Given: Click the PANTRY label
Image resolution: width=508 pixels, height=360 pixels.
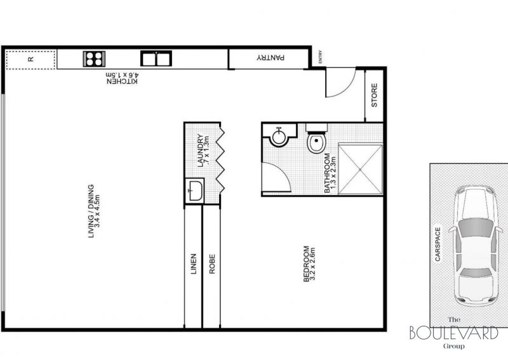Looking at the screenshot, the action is [271, 58].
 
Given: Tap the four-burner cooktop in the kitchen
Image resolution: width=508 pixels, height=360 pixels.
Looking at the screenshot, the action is [94, 59].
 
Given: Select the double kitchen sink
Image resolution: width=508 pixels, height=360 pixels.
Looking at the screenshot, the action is [156, 58].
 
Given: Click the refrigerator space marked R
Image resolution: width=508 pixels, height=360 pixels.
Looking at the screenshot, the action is [30, 60].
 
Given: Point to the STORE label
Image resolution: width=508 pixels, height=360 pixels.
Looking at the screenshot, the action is [374, 95].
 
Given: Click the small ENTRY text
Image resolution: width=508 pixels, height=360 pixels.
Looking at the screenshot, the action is [321, 57].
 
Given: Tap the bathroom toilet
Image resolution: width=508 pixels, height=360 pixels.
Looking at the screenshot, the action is [316, 138].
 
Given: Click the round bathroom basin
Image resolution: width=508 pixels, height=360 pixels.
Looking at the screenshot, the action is [279, 137].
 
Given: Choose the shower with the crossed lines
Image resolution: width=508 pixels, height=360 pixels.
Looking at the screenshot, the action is [360, 170].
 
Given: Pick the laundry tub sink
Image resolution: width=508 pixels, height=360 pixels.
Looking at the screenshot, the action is [195, 191].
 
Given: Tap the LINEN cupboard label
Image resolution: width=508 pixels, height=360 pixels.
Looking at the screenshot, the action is [194, 263].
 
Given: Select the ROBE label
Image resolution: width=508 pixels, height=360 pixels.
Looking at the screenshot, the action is [212, 263].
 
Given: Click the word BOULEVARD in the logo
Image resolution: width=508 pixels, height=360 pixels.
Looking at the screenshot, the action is [454, 333].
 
